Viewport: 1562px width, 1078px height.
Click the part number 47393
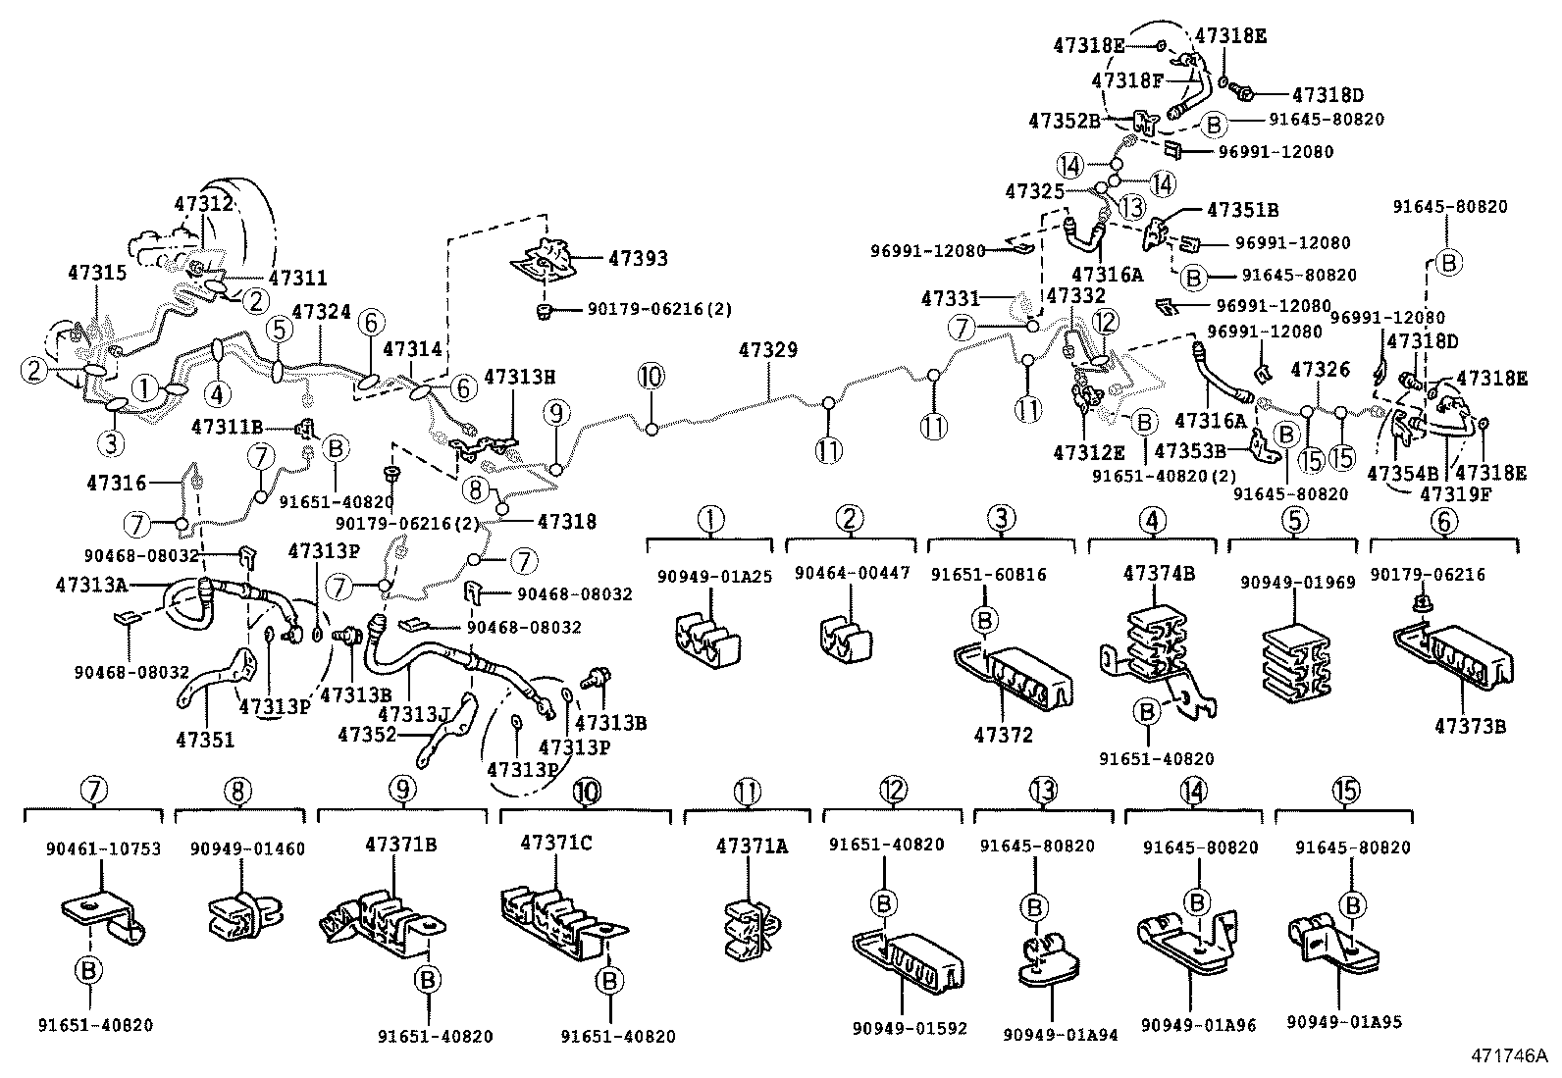click(638, 259)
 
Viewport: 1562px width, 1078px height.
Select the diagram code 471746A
click(1507, 1056)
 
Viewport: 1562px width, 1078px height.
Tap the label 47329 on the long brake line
click(768, 350)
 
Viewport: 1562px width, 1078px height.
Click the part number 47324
click(322, 312)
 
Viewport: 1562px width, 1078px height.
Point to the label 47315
click(97, 272)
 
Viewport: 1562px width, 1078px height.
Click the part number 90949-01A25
click(709, 576)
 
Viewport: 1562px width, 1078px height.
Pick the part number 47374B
click(1159, 574)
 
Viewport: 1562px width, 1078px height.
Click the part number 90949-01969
click(1297, 582)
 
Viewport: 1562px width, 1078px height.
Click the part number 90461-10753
click(89, 848)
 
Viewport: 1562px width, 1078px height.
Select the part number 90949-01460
click(247, 848)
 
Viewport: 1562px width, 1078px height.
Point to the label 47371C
click(556, 843)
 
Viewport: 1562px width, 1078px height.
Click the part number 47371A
click(751, 846)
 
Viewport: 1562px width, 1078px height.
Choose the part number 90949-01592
click(910, 1028)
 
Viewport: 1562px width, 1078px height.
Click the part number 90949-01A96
click(1197, 1024)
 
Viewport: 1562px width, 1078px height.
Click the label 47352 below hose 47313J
click(367, 733)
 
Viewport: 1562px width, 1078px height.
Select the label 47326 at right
click(1322, 370)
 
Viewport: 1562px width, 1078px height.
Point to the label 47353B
click(1189, 450)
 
